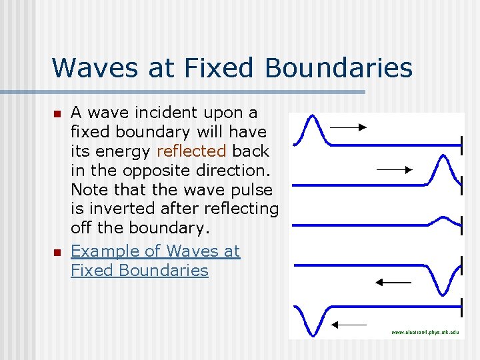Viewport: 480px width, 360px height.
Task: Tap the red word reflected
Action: [191, 151]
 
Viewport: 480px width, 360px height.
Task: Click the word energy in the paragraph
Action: [127, 151]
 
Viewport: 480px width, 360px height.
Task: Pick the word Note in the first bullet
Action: [89, 189]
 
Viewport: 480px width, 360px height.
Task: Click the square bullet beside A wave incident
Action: [58, 113]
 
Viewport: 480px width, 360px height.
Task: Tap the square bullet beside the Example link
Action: [58, 252]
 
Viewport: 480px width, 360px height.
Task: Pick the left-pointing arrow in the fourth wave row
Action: [393, 283]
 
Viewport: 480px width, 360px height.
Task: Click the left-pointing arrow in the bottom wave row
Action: [349, 325]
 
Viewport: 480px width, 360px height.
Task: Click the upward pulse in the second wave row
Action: [444, 169]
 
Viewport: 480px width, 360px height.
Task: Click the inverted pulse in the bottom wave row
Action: [311, 320]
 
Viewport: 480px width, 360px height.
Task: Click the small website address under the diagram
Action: [425, 331]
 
